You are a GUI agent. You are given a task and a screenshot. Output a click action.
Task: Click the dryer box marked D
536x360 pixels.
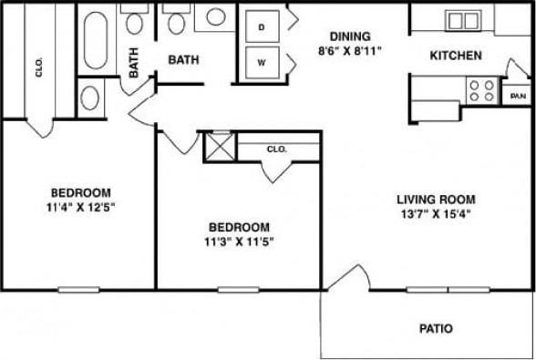261,27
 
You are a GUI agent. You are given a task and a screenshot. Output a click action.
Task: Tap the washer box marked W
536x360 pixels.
261,63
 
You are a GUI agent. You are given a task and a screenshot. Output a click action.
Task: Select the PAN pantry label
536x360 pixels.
517,95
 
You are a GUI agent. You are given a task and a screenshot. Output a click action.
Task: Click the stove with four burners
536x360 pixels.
481,89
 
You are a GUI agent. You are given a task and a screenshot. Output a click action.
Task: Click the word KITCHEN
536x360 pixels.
456,56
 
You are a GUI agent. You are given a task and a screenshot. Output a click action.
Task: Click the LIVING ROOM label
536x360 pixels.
436,199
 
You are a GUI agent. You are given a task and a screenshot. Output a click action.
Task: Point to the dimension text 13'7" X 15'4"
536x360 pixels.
436,214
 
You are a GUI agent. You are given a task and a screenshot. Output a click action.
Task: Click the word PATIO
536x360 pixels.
436,328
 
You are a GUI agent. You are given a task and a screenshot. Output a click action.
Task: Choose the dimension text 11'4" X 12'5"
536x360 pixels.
81,207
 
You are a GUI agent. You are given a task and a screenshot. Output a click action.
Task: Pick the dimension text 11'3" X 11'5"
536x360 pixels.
239,242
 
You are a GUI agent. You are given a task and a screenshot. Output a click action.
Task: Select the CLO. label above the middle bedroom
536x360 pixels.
276,149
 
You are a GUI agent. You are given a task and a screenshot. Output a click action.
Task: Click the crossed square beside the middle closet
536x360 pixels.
220,147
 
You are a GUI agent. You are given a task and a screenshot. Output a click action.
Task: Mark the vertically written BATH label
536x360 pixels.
134,62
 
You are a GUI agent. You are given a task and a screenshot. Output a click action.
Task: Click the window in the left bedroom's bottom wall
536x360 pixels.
78,290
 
